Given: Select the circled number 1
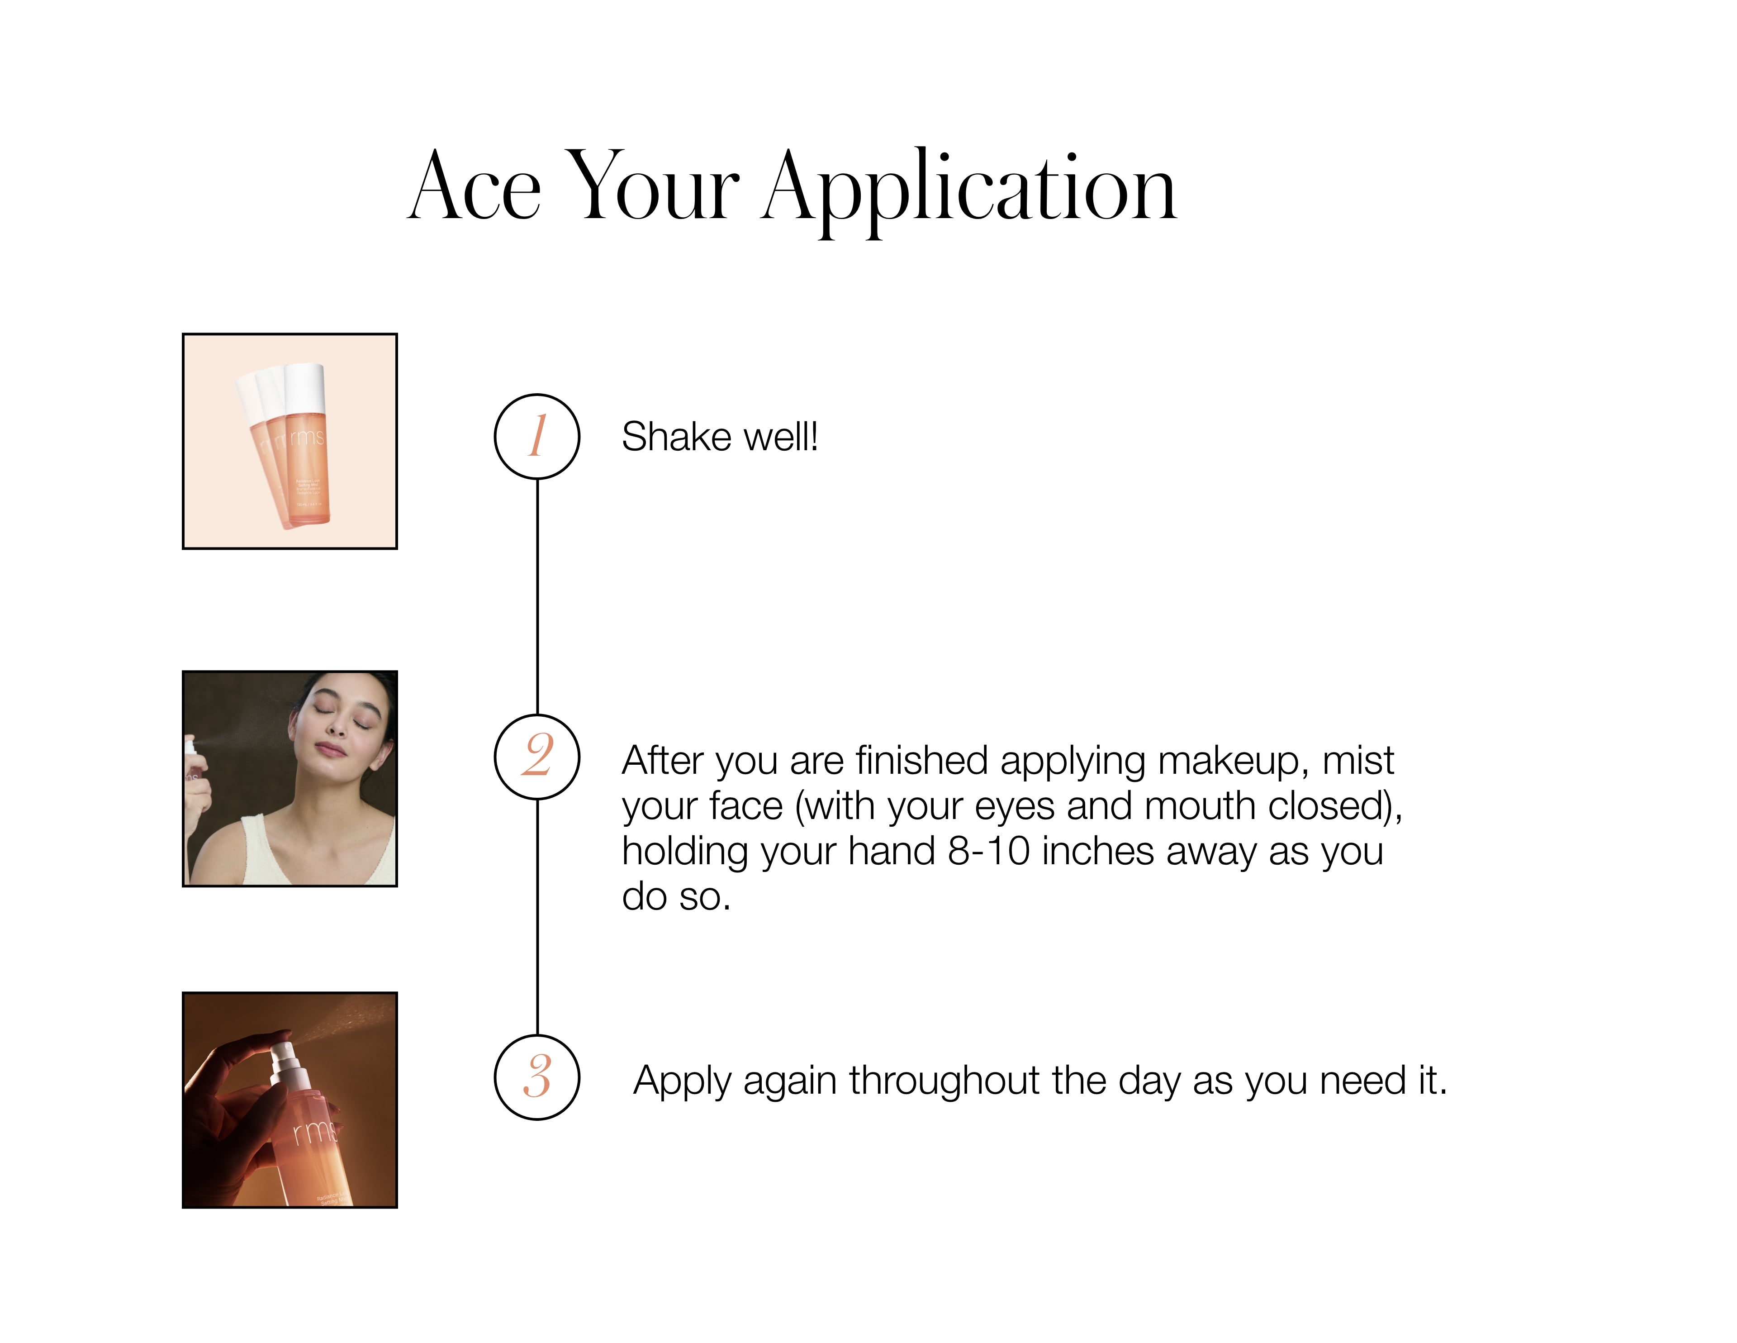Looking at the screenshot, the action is [x=537, y=436].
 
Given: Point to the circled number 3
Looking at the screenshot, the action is [x=537, y=1077].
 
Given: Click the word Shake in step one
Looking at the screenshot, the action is [x=676, y=436].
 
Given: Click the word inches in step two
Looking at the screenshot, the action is [x=1097, y=851].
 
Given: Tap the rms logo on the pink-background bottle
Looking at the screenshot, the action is [x=307, y=438].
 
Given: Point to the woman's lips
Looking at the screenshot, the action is [x=331, y=749].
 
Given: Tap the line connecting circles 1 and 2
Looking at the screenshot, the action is [x=537, y=597].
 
